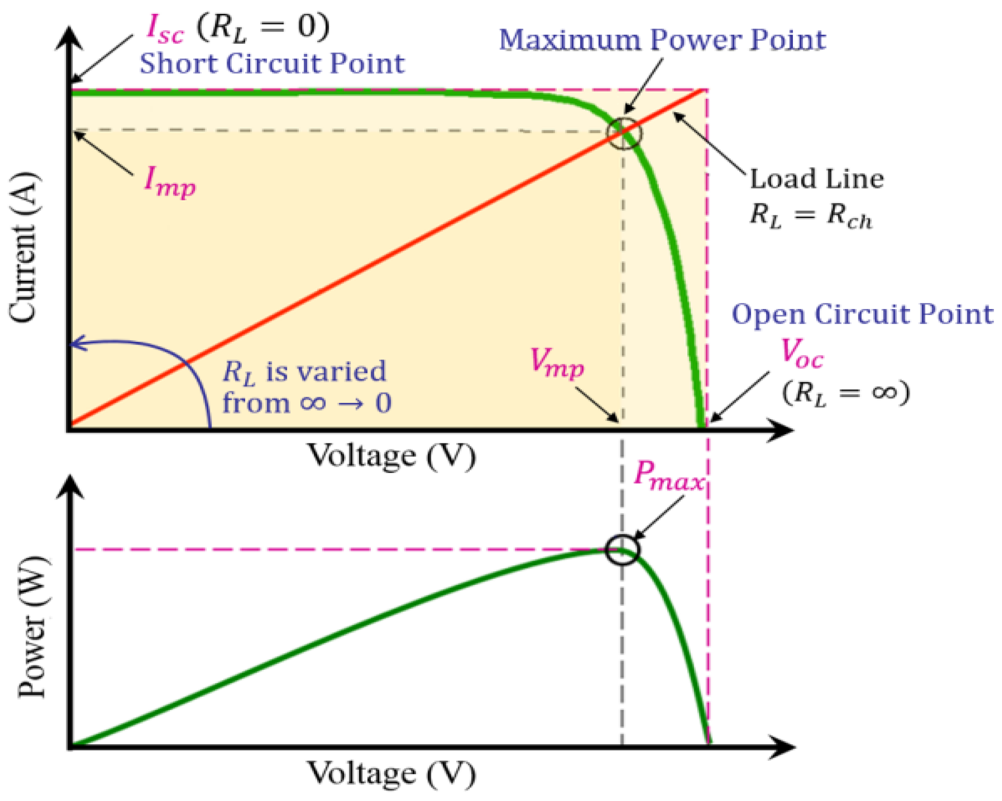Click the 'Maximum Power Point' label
pos(662,40)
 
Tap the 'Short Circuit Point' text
pos(272,64)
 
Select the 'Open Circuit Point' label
pos(862,314)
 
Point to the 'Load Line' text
pos(816,179)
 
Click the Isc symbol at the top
pos(165,29)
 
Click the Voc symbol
pos(802,353)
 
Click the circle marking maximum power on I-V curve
pos(624,133)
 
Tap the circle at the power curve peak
pos(623,550)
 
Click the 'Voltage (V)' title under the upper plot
pos(392,455)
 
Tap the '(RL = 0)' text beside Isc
pos(263,28)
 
